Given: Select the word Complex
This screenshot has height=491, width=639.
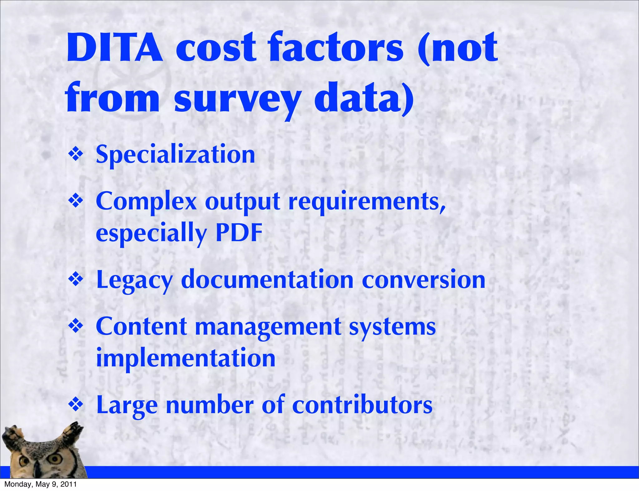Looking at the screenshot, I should pyautogui.click(x=146, y=202).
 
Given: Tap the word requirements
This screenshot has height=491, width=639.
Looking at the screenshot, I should pyautogui.click(x=367, y=202).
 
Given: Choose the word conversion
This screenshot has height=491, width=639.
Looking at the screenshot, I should pyautogui.click(x=423, y=279).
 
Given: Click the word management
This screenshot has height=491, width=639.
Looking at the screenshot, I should pyautogui.click(x=268, y=327).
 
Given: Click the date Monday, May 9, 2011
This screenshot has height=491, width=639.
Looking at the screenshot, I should pyautogui.click(x=40, y=484).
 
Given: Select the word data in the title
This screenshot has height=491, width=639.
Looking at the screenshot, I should pyautogui.click(x=364, y=100).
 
